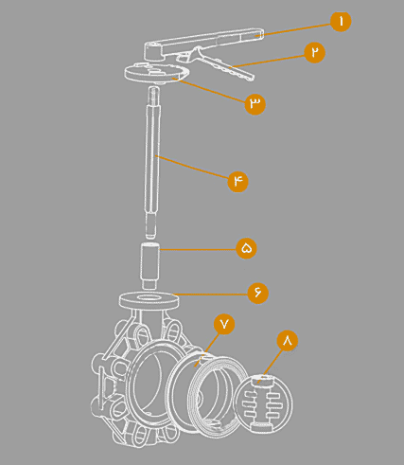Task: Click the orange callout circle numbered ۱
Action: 341,21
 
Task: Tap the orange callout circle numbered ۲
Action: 315,52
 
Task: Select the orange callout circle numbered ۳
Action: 255,103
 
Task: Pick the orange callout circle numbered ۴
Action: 237,181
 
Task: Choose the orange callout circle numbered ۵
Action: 247,248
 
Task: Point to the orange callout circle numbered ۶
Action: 258,293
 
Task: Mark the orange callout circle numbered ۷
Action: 224,324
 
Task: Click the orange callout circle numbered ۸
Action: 288,341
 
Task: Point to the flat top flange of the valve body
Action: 149,300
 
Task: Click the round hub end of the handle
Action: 153,50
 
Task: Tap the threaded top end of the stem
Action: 154,93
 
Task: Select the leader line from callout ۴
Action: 193,168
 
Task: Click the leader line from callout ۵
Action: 198,249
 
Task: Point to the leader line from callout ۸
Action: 269,367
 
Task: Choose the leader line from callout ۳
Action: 211,90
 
